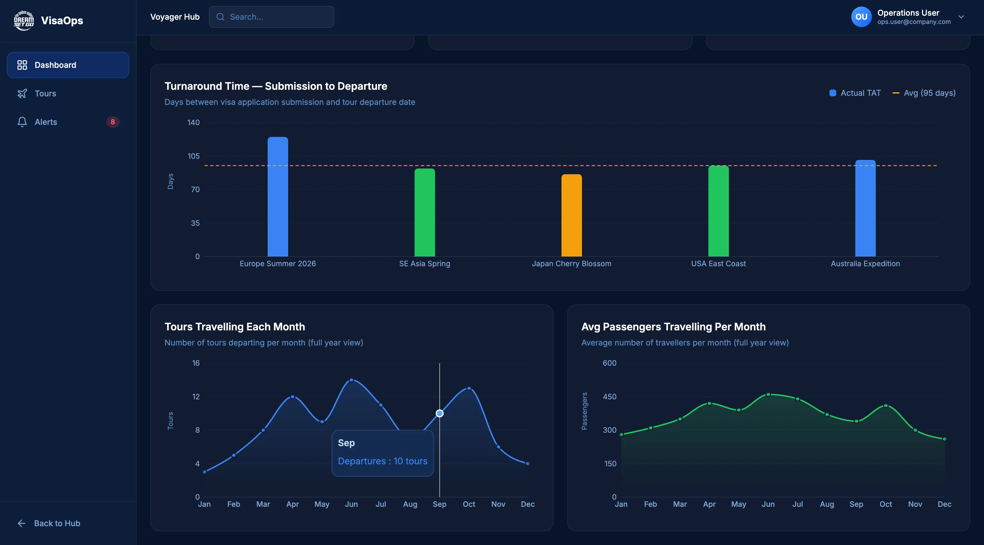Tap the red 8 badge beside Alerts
[113, 122]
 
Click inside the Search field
[275, 17]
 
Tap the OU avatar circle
[861, 17]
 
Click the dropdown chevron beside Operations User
[961, 17]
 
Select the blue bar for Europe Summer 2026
[278, 197]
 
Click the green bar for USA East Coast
[718, 211]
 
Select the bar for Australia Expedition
[865, 208]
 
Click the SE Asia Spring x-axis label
[425, 263]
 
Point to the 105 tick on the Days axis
[193, 156]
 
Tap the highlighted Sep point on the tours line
[440, 413]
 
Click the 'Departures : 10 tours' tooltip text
[382, 461]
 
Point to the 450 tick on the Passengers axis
[609, 396]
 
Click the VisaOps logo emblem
[24, 21]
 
